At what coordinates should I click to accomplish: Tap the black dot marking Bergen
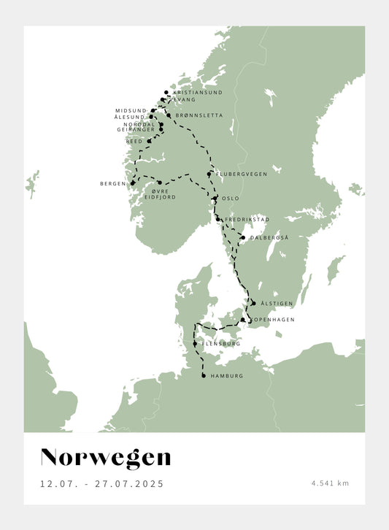point(133,183)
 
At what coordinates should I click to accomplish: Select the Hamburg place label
point(226,376)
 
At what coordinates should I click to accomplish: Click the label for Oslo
point(230,198)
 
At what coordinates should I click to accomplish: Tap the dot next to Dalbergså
point(243,237)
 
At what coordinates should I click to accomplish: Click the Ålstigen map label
point(274,303)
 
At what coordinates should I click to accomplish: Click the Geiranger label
point(136,129)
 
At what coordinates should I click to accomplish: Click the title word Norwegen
point(106,458)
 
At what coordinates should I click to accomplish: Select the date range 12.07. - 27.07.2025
point(102,483)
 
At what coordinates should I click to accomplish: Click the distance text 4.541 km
point(330,483)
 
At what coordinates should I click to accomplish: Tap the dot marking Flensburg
point(194,343)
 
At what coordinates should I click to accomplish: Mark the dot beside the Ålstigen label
point(253,302)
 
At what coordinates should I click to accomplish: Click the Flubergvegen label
point(242,174)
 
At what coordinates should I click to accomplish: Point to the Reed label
point(135,141)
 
